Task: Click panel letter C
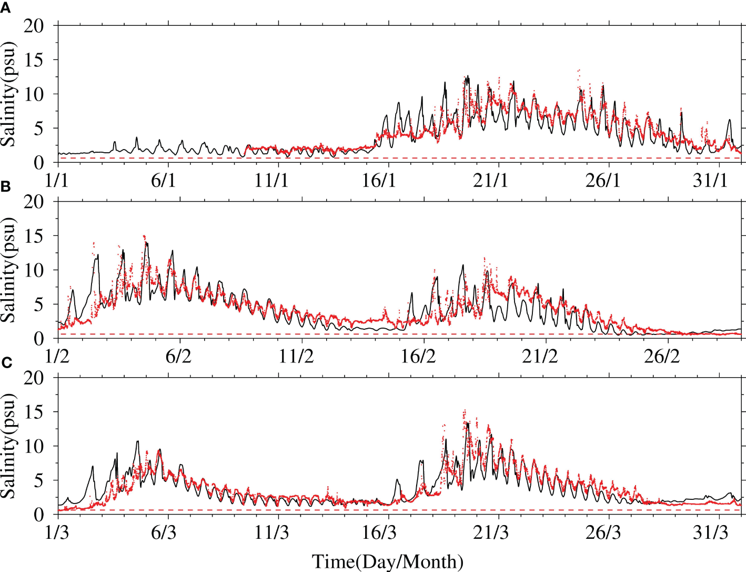(x=6, y=363)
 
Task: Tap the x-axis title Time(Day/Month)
(x=388, y=561)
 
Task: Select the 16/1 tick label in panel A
(x=379, y=180)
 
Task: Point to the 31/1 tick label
(x=710, y=180)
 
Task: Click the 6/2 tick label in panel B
(x=178, y=356)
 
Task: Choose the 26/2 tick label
(x=662, y=356)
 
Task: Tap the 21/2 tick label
(x=540, y=356)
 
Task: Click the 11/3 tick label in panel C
(x=271, y=532)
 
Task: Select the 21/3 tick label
(x=491, y=532)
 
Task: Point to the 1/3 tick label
(x=57, y=532)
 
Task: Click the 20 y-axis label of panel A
(x=34, y=25)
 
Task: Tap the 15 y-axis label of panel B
(x=34, y=235)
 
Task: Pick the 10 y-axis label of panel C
(x=34, y=446)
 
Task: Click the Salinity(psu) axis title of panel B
(x=8, y=270)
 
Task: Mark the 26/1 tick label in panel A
(x=603, y=180)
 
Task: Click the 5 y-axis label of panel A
(x=39, y=128)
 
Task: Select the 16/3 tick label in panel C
(x=379, y=532)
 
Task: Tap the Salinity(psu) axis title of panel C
(x=8, y=446)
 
